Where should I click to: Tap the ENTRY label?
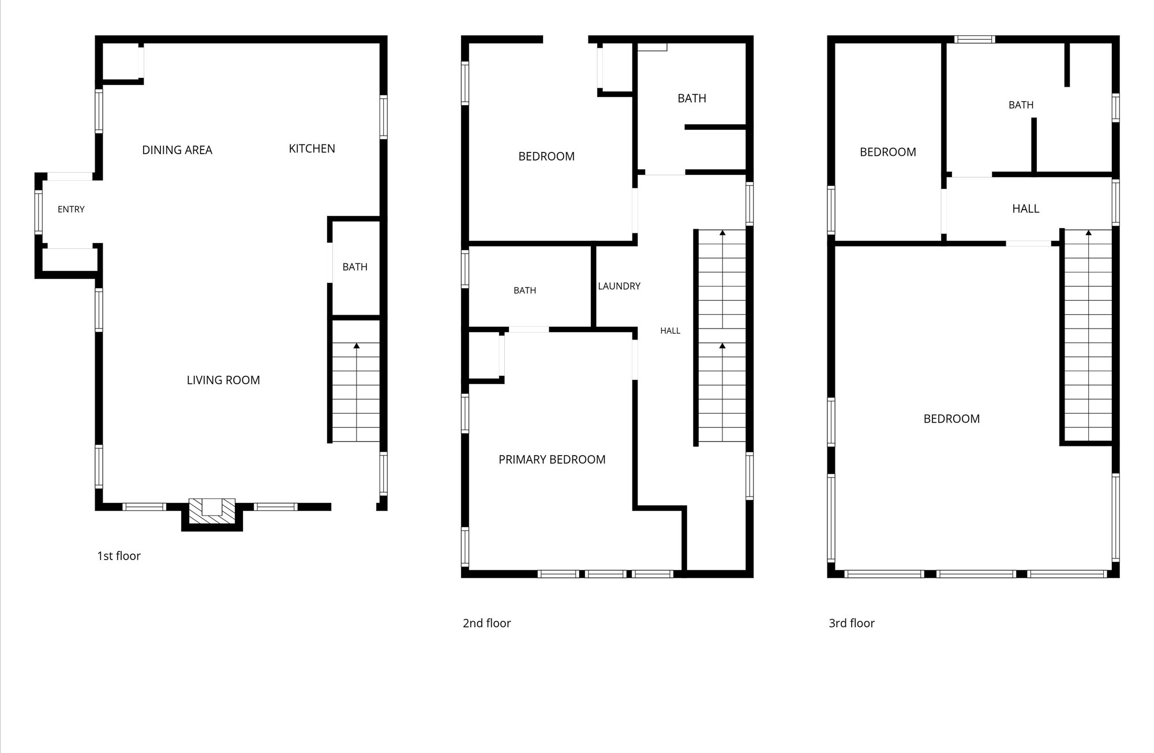(x=71, y=210)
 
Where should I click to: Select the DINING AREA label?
(x=177, y=150)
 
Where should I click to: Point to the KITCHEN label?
(x=312, y=149)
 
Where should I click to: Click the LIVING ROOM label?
(x=223, y=380)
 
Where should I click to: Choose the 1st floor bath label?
(x=355, y=267)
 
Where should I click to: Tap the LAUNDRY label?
(x=619, y=286)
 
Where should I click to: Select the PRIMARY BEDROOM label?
(x=552, y=460)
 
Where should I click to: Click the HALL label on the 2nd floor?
(x=670, y=331)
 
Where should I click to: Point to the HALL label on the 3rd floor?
(x=1026, y=208)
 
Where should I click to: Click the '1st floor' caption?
(x=119, y=556)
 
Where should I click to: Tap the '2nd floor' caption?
(x=487, y=623)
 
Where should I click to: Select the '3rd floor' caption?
(x=852, y=623)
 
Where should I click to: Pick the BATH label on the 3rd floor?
(x=1021, y=105)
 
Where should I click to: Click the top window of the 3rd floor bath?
(x=975, y=39)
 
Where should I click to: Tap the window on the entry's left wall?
(x=39, y=212)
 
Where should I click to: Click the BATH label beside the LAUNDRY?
(x=524, y=290)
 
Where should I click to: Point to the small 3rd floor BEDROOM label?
(x=888, y=152)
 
